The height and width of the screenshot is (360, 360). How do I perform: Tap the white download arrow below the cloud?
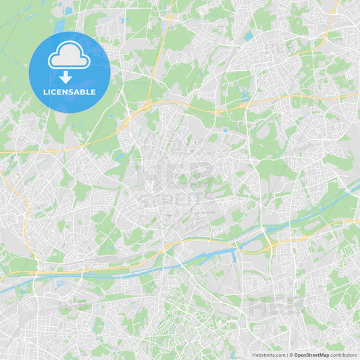69,77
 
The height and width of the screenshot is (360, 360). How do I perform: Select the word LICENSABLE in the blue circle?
70,92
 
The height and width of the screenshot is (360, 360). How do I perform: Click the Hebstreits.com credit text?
267,355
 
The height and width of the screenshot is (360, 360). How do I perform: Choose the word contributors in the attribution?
344,355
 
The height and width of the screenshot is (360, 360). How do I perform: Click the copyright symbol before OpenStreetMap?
290,355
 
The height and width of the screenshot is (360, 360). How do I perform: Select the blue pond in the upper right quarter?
249,35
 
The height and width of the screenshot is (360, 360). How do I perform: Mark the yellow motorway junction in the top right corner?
327,33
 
